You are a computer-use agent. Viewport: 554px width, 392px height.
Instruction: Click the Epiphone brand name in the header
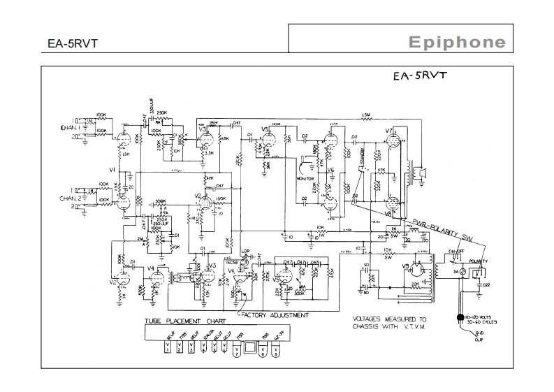pyautogui.click(x=457, y=42)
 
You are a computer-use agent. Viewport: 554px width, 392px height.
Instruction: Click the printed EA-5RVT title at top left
pyautogui.click(x=73, y=43)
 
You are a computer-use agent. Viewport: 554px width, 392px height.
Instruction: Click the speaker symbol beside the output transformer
pyautogui.click(x=421, y=170)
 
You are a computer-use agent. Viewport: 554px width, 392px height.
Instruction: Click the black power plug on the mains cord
pyautogui.click(x=460, y=317)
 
